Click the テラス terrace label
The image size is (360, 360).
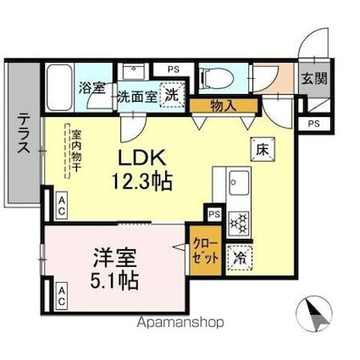23,135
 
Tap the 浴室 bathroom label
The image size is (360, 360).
92,86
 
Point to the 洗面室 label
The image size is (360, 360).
136,97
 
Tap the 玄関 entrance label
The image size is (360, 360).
313,78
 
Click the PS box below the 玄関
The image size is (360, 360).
313,124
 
